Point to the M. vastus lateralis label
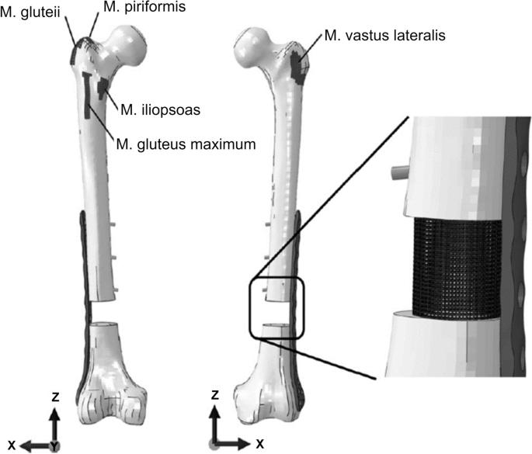click(370, 36)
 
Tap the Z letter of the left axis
click(54, 396)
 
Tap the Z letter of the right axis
click(214, 396)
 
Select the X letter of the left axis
click(12, 445)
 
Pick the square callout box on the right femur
click(276, 309)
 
